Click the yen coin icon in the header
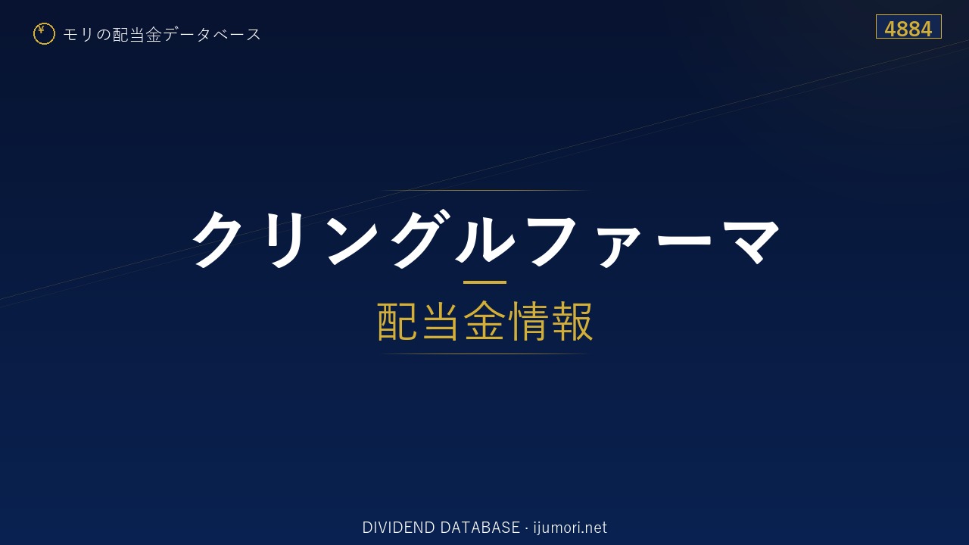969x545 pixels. click(x=44, y=34)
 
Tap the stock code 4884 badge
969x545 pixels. click(x=908, y=26)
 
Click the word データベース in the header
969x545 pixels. click(x=212, y=35)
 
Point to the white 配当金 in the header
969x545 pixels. click(x=137, y=35)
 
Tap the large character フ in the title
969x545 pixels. click(x=550, y=240)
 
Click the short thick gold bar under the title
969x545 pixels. click(x=484, y=282)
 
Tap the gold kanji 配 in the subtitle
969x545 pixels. click(x=397, y=322)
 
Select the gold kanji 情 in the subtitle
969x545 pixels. click(x=528, y=322)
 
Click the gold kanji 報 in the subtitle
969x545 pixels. click(x=572, y=322)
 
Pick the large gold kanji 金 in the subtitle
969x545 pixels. click(x=484, y=322)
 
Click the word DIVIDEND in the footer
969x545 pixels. click(x=398, y=528)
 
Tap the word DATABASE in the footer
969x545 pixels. click(x=480, y=528)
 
